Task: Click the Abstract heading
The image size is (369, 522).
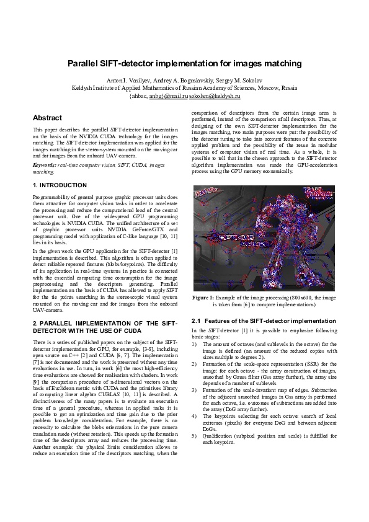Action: pyautogui.click(x=47, y=118)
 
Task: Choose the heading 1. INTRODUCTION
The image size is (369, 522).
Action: pyautogui.click(x=60, y=185)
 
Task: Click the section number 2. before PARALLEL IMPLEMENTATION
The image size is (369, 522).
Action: pyautogui.click(x=35, y=324)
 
